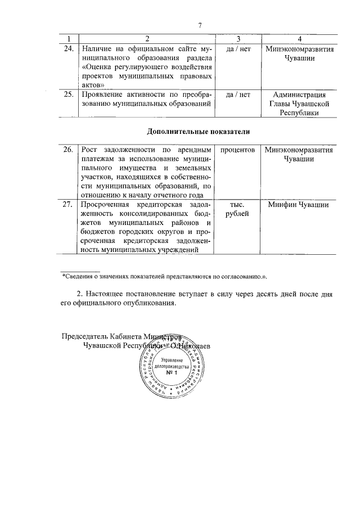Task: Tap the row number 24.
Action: point(69,49)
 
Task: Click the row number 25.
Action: point(69,94)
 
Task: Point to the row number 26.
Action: point(69,150)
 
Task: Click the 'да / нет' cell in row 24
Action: point(237,49)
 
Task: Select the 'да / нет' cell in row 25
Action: point(237,94)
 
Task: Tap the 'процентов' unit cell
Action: point(237,150)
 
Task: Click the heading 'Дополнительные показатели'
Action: point(198,131)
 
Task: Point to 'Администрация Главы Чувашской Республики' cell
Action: point(299,103)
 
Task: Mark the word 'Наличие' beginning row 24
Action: point(96,49)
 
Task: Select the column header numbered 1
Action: point(69,39)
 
